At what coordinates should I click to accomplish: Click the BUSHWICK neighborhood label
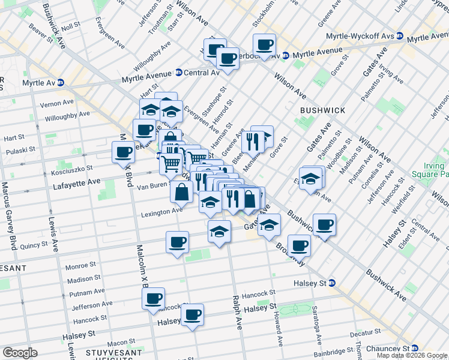(x=323, y=110)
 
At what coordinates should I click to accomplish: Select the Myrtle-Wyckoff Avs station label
(x=360, y=36)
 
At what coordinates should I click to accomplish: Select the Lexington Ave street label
(x=161, y=212)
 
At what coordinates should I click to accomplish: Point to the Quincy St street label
(x=34, y=245)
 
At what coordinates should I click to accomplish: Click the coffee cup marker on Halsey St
(x=192, y=314)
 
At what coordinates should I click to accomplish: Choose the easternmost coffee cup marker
(x=324, y=224)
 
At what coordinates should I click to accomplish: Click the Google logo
(x=20, y=353)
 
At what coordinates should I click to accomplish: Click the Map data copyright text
(x=412, y=355)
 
